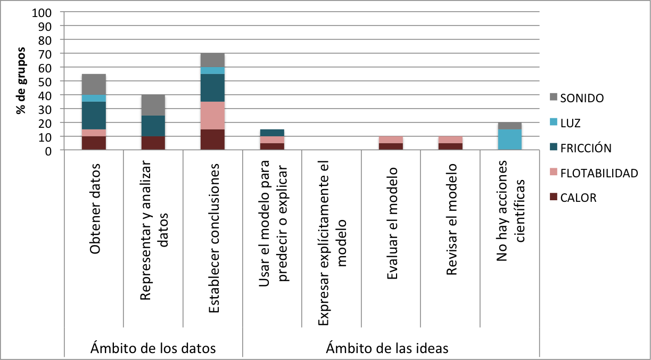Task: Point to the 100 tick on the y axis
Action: pos(43,12)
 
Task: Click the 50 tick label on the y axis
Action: pos(45,81)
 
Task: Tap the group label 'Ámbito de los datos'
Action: pos(153,348)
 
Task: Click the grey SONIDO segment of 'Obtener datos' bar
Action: pos(94,84)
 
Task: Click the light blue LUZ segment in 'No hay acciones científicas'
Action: pos(510,140)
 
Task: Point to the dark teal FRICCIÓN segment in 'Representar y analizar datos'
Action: pos(153,126)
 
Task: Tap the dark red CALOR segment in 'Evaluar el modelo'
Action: pos(391,147)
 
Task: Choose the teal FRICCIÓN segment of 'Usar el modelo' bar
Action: pos(273,133)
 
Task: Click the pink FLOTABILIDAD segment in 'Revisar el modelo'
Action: pos(451,140)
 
